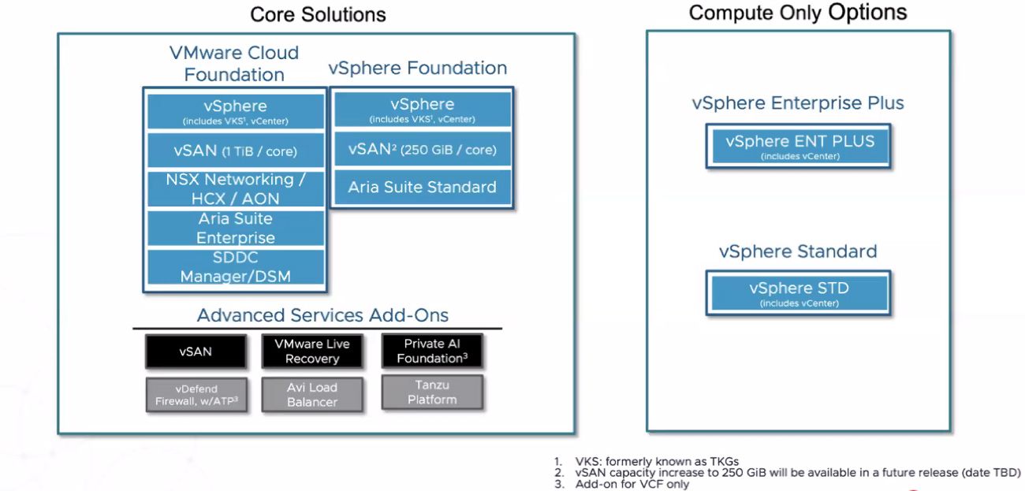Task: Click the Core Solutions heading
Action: (318, 14)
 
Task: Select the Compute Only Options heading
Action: (797, 13)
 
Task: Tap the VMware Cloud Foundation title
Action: (234, 64)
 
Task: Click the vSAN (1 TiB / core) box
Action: (235, 151)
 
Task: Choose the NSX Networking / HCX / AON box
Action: (235, 189)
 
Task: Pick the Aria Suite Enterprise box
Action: (235, 228)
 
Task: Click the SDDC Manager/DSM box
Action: (235, 266)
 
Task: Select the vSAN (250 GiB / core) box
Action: (422, 149)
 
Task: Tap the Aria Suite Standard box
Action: (422, 188)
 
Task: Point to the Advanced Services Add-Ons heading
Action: (322, 315)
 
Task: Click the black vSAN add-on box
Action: (196, 352)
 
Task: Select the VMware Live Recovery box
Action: (312, 352)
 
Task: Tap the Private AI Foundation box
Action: (431, 352)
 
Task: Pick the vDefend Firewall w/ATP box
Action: (196, 395)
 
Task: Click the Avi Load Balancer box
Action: (312, 395)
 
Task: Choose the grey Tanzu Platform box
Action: (431, 392)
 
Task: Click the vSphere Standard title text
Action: (797, 251)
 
